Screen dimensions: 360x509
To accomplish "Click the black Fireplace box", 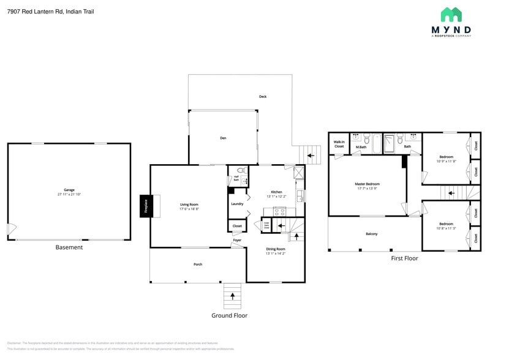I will tap(146, 206).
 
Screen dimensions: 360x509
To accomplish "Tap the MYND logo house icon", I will tap(451, 15).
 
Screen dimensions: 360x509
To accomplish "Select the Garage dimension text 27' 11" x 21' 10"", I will tap(69, 194).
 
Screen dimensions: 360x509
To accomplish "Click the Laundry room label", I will tap(237, 204).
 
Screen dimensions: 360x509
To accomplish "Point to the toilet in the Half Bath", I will tap(241, 171).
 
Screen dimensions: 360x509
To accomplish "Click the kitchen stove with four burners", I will tap(279, 211).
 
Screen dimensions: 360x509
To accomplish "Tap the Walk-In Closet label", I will tap(339, 144).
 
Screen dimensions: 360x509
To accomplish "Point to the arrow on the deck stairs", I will tap(311, 156).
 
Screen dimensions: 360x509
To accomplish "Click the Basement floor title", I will tap(69, 247).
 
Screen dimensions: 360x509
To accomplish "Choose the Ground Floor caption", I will tap(229, 315).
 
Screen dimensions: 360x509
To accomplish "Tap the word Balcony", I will tap(372, 234).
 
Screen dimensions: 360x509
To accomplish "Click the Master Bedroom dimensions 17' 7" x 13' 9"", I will tap(367, 189).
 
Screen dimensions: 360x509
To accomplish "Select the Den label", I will tap(223, 138).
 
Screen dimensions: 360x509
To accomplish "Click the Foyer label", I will tap(236, 241).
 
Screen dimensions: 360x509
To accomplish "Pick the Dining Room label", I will tap(276, 249).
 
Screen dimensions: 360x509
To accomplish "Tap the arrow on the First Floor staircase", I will tap(451, 193).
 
